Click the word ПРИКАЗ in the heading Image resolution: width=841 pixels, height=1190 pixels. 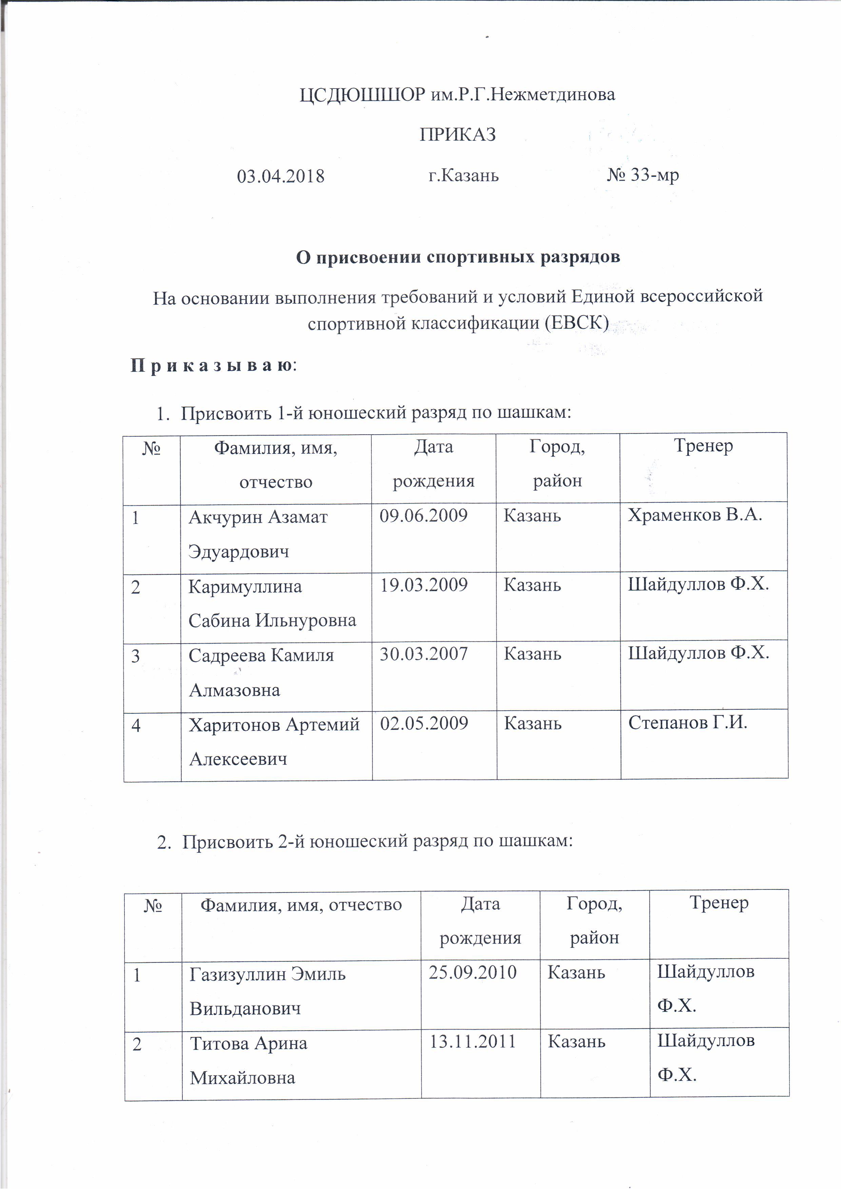pos(457,135)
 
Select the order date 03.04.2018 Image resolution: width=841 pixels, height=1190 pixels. pos(280,176)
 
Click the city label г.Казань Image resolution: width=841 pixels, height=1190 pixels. pos(463,176)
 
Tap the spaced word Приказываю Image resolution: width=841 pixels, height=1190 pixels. pos(212,365)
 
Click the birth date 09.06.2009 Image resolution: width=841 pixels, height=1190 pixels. pos(423,516)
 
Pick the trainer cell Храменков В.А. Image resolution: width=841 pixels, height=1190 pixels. pos(695,515)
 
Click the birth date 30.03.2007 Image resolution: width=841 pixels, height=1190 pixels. pos(423,654)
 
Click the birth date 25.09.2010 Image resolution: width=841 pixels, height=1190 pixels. pos(473,972)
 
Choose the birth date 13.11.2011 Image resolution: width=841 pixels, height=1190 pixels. pos(473,1041)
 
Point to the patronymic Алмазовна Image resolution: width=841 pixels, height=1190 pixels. pos(234,690)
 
